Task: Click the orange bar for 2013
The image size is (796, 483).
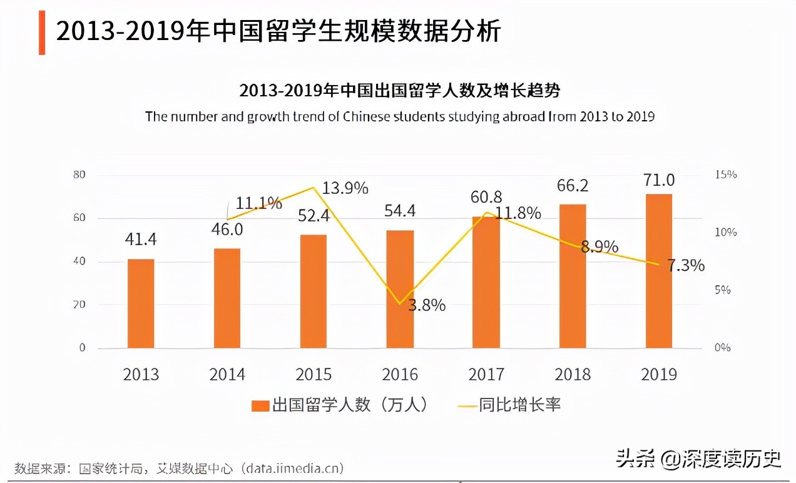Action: pos(141,303)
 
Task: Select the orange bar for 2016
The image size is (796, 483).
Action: pos(400,289)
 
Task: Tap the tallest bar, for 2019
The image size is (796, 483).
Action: pos(659,271)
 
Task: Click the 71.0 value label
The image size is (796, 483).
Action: pos(659,180)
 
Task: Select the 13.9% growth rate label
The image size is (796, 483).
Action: pos(345,188)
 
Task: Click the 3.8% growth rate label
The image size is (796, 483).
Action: pos(427,305)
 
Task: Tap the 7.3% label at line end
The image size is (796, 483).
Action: pos(686,266)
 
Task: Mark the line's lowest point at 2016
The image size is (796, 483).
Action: pos(400,303)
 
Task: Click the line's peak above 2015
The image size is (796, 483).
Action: pos(313,187)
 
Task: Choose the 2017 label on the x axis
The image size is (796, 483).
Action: pos(486,374)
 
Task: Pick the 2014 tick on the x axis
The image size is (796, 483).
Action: pos(227,374)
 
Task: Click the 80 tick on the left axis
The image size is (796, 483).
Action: pos(79,175)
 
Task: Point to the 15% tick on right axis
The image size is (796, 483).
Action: pos(726,175)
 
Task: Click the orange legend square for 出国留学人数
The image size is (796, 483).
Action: pos(260,405)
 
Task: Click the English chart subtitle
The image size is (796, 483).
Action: pos(399,117)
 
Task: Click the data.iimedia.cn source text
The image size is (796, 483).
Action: pos(294,468)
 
